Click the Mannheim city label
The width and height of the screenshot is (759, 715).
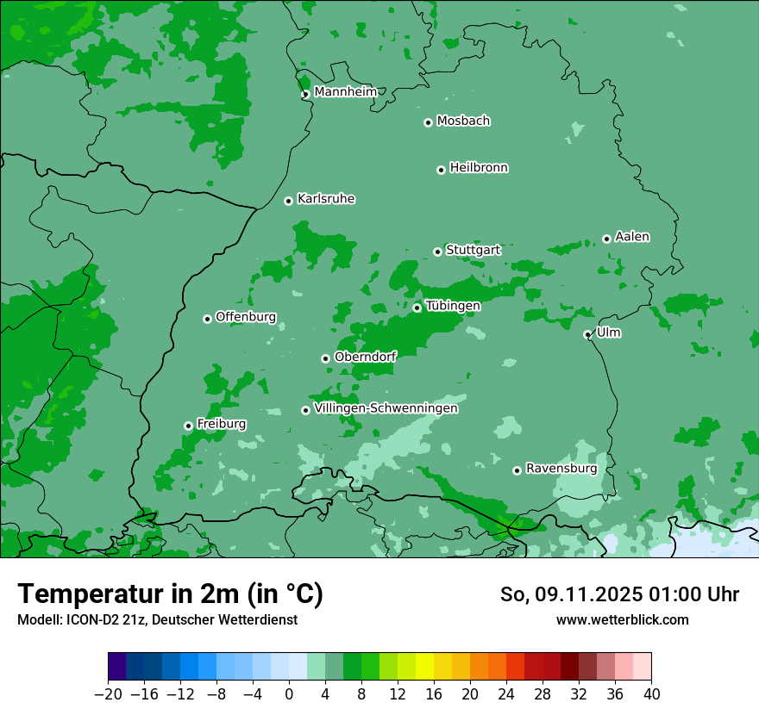(x=345, y=92)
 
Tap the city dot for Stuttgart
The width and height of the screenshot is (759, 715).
(x=437, y=252)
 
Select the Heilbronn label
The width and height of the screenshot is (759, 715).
(x=479, y=168)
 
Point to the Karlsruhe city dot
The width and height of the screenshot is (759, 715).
(x=288, y=202)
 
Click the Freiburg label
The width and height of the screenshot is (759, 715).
(x=221, y=424)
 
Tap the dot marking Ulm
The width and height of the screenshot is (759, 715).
(x=587, y=335)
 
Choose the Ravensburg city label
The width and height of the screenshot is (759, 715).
(x=561, y=469)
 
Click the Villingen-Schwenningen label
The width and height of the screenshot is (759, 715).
(x=386, y=408)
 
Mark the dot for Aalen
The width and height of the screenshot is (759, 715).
(x=606, y=239)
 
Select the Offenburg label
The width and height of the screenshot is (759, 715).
(x=246, y=317)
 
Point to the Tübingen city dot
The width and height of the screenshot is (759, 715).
(x=417, y=308)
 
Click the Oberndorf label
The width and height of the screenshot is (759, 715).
(x=365, y=357)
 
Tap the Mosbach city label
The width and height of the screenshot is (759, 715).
(x=463, y=121)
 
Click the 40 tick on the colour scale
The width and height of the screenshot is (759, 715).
(x=651, y=694)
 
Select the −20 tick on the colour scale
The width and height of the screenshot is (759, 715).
(x=108, y=694)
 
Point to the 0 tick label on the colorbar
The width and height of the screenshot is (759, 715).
(x=289, y=694)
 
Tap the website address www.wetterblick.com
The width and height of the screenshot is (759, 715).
(x=622, y=619)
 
